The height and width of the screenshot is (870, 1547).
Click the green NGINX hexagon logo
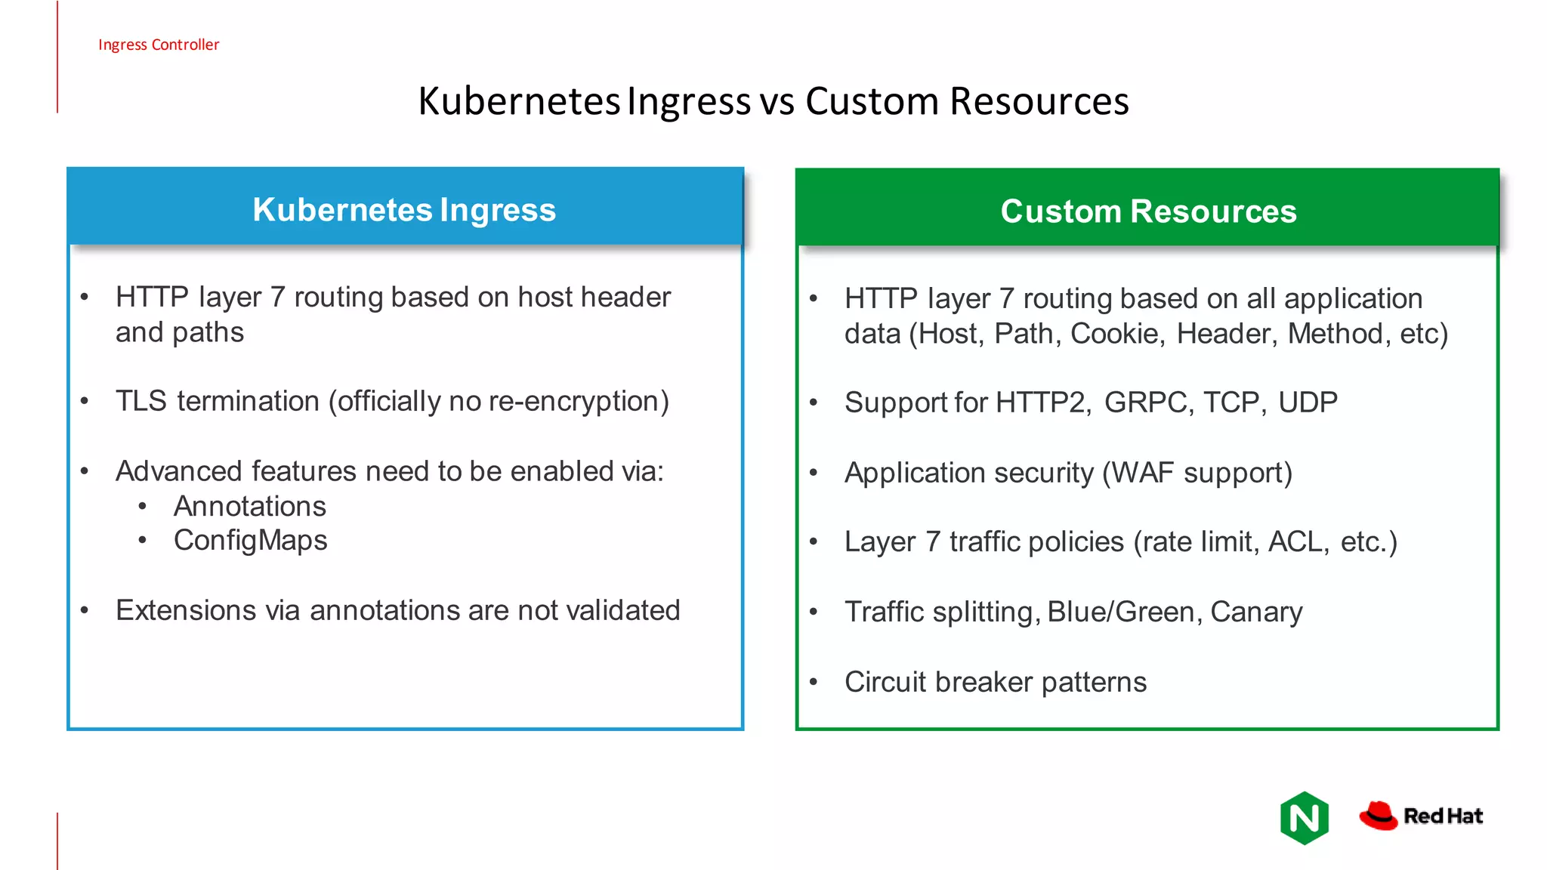click(x=1305, y=818)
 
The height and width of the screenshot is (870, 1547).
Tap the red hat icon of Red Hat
click(x=1379, y=816)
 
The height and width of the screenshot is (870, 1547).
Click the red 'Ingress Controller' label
click(x=159, y=45)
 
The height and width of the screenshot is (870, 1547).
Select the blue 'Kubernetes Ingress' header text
click(x=404, y=210)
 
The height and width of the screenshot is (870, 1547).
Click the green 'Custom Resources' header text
click(x=1148, y=211)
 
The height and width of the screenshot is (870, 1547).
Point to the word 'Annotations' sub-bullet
click(x=250, y=506)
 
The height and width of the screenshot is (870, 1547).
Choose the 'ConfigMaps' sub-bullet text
click(x=251, y=541)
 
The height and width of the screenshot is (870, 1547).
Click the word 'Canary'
click(x=1256, y=612)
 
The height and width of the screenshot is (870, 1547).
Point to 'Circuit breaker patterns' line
click(x=996, y=682)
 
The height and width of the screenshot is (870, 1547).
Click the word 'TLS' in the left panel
click(x=141, y=401)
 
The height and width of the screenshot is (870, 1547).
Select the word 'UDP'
click(x=1308, y=403)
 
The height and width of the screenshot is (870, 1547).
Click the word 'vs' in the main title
click(x=777, y=101)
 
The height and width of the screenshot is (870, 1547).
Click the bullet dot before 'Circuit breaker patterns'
click(x=814, y=682)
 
